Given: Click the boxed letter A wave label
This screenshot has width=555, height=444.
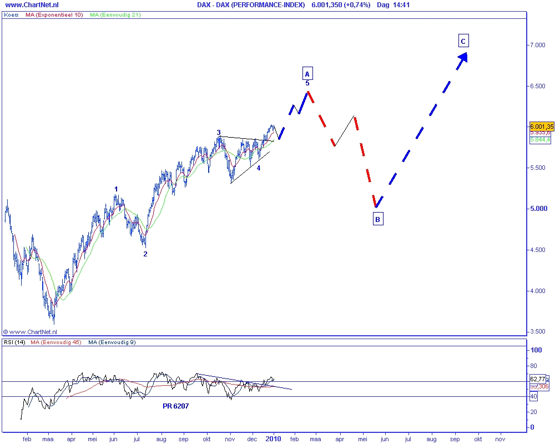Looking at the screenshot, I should [x=307, y=73].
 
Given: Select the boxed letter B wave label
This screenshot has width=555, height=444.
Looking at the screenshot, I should [x=377, y=219].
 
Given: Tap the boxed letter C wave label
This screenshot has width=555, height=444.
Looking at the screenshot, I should [x=463, y=40].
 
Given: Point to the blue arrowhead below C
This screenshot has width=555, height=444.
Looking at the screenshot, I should [x=463, y=58].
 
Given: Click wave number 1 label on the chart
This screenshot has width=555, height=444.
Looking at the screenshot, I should [x=116, y=189].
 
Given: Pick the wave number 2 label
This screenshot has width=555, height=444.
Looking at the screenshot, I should [x=145, y=254].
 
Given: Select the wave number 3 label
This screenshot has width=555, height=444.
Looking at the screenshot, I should [x=219, y=133].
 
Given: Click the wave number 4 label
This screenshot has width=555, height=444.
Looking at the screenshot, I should [x=259, y=167].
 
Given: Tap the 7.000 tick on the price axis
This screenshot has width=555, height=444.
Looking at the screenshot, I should [x=537, y=45].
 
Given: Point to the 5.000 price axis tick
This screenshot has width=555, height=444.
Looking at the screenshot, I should [x=537, y=209].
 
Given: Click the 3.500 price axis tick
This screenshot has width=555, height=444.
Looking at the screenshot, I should [x=537, y=332].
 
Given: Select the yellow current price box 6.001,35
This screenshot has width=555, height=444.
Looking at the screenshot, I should [x=541, y=126].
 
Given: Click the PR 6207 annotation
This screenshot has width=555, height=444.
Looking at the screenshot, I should [x=175, y=406].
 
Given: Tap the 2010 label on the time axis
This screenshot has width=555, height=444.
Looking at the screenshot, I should [x=273, y=438].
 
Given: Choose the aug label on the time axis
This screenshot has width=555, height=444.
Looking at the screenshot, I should [x=162, y=438].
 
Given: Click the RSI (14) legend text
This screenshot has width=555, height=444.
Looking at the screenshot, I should [x=15, y=342].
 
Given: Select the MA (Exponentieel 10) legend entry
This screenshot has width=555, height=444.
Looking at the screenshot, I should [x=54, y=15].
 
